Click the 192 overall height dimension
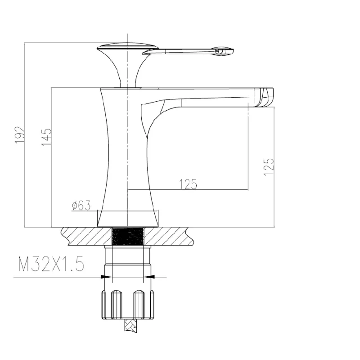[x=19, y=135]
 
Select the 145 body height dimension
[x=47, y=137]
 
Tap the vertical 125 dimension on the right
[x=269, y=167]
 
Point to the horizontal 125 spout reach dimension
[x=188, y=184]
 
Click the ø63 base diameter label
[x=81, y=205]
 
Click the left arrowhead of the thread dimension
[x=106, y=277]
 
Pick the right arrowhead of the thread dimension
[x=148, y=277]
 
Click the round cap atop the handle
[x=128, y=47]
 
